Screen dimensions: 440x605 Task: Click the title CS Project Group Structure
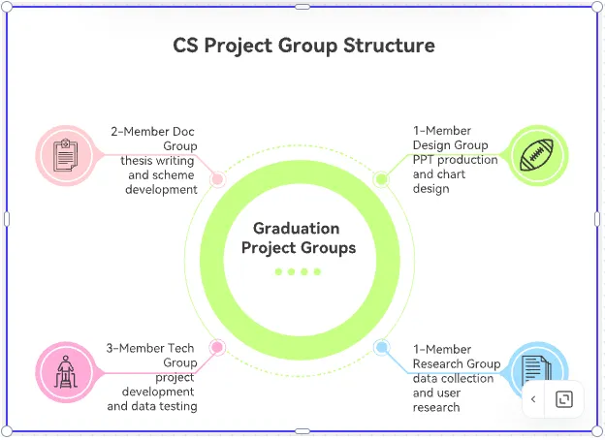click(303, 46)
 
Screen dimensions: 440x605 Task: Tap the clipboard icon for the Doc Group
click(65, 154)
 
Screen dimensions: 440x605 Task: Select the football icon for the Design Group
click(538, 154)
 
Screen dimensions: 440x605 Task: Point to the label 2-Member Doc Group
click(153, 139)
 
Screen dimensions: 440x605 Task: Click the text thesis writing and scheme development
click(159, 175)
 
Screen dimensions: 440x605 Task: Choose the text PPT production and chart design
click(455, 174)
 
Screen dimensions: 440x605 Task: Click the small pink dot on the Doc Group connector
click(217, 179)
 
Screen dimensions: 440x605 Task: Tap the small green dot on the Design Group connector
click(381, 179)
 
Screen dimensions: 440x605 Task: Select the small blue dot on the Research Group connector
click(382, 347)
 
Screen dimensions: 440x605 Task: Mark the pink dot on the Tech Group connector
click(217, 347)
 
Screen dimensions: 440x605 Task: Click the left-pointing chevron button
click(533, 399)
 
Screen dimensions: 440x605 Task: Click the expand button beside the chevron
click(564, 399)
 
